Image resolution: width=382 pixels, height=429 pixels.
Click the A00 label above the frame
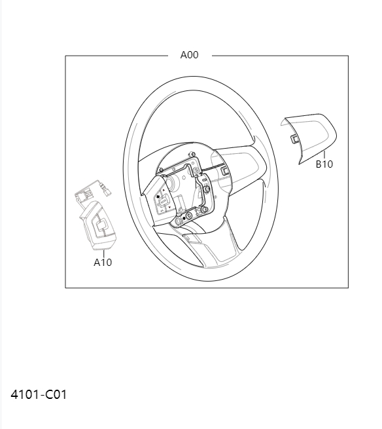[x=189, y=55]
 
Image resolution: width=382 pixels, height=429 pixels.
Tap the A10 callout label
[x=103, y=262]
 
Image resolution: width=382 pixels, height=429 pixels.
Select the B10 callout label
[x=324, y=164]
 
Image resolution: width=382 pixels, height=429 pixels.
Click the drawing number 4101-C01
[x=39, y=394]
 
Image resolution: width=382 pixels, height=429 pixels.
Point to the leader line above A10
[x=103, y=253]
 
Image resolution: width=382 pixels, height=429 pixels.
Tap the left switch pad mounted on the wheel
[x=164, y=201]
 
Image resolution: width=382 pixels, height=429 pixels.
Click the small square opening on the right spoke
[x=226, y=171]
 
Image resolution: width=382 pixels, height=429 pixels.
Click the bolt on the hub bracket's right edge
[x=207, y=191]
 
